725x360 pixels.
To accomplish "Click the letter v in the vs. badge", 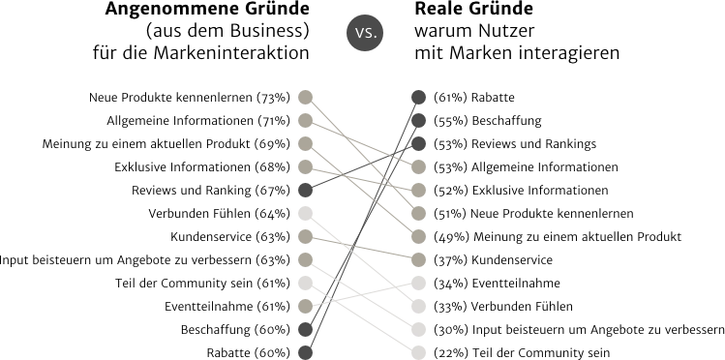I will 359,33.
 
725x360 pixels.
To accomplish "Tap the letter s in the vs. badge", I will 369,33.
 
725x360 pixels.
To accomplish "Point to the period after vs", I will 376,36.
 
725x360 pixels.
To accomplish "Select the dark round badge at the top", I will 364,32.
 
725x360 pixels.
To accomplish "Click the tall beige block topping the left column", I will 305,131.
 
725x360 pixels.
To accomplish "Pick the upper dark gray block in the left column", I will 305,189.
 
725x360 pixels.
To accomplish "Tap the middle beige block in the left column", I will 305,247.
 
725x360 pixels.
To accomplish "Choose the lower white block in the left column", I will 305,281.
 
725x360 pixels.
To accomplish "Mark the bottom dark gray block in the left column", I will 305,339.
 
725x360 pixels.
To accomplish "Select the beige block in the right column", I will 418,213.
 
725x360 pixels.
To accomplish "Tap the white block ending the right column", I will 418,315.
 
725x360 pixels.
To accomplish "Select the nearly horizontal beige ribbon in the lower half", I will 387,254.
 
